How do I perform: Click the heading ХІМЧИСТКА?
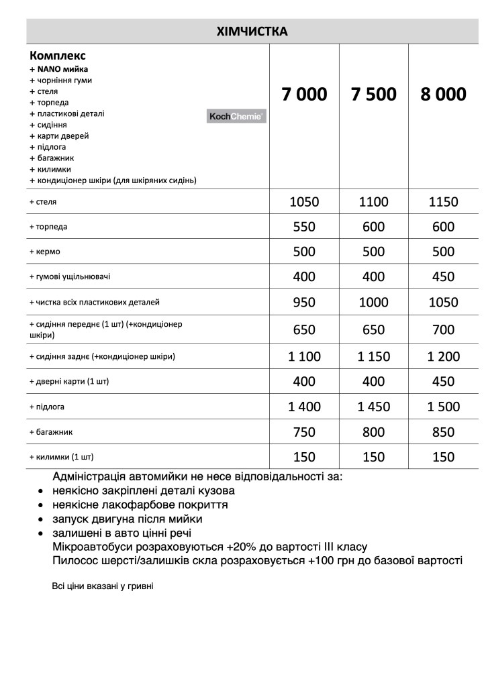click(x=252, y=32)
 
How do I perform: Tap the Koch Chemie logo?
click(x=237, y=117)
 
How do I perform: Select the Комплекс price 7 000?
click(x=304, y=95)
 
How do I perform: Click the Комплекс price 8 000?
click(x=443, y=95)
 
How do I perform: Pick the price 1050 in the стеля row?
click(x=304, y=202)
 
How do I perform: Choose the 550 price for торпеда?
click(x=304, y=227)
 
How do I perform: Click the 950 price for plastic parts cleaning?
click(x=304, y=303)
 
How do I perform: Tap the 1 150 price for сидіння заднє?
click(x=373, y=356)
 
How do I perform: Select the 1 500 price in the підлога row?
click(x=443, y=407)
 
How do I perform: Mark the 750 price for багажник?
click(x=304, y=433)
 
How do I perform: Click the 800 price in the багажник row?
click(x=373, y=433)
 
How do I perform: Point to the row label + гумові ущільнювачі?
click(x=70, y=276)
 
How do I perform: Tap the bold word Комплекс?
click(x=58, y=55)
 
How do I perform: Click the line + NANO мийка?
click(x=58, y=69)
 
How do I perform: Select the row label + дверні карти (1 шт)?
click(x=69, y=381)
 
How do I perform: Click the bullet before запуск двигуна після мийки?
click(x=42, y=520)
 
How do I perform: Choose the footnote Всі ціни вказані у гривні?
click(x=103, y=586)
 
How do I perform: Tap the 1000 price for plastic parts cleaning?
click(x=373, y=303)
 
